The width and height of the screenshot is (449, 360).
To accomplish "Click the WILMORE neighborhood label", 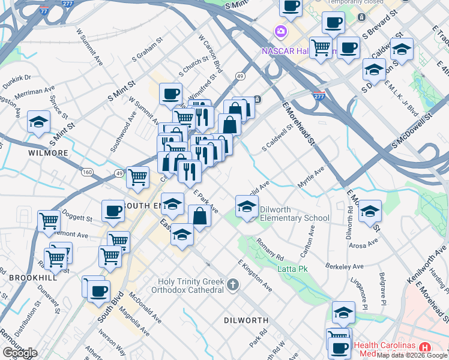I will (x=49, y=153).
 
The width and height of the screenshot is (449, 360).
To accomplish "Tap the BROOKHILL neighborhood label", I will (x=33, y=278).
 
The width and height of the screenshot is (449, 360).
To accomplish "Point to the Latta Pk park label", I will (x=292, y=269).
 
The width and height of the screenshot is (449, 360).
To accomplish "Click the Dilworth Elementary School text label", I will (x=294, y=214).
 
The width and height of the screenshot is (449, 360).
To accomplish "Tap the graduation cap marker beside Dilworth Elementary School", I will (x=246, y=208).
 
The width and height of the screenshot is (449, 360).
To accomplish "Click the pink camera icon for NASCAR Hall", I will (x=280, y=31).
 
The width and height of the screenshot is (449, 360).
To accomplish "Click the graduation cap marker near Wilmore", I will (x=39, y=122).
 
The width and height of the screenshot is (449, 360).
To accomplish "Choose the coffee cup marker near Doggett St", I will (x=112, y=211).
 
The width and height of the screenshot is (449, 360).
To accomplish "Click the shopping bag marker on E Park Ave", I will (x=199, y=215).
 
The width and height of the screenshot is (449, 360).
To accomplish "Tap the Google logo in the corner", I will (x=20, y=353).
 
